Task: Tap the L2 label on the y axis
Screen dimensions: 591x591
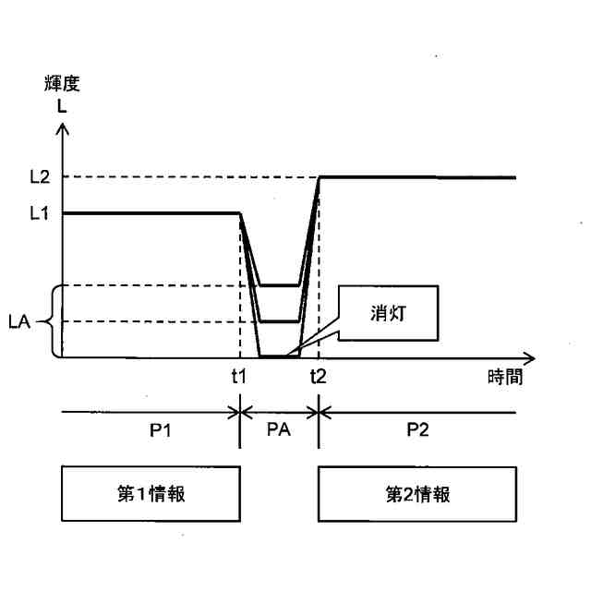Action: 38,176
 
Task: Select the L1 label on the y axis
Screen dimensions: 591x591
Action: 38,213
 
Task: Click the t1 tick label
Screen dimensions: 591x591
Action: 240,375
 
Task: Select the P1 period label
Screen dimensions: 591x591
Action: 150,430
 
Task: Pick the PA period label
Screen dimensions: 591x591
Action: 280,430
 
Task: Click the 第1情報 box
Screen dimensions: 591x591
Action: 150,494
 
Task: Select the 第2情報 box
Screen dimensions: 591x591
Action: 417,494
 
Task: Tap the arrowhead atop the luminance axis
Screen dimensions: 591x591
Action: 63,131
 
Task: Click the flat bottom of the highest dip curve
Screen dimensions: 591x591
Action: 280,285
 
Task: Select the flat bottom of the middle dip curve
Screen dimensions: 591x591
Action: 280,321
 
